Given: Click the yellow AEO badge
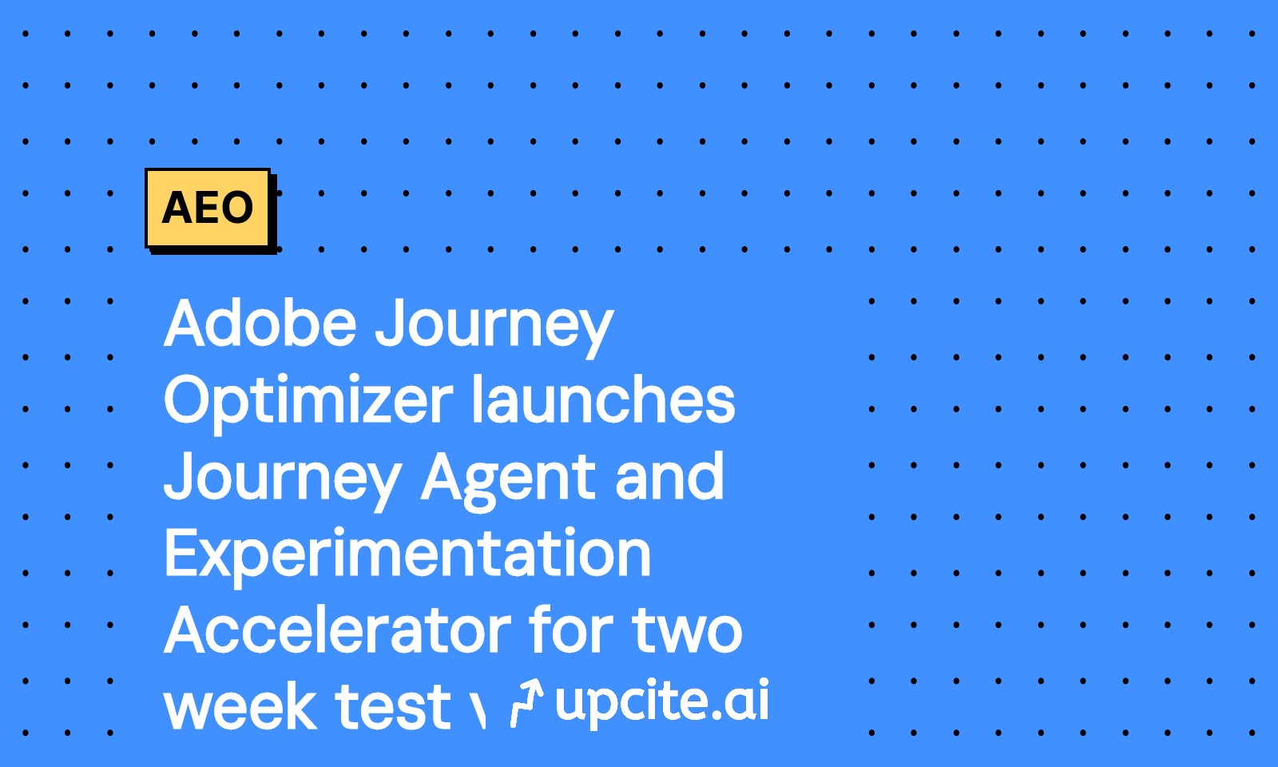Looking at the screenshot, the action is [208, 209].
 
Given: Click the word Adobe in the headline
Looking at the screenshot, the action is [260, 323].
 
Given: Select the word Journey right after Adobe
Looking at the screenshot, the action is [494, 329].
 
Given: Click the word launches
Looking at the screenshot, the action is [604, 399].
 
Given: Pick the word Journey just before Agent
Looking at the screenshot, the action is [284, 482].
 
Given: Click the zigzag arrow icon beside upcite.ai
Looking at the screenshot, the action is [526, 702].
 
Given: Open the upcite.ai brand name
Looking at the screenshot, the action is [662, 701].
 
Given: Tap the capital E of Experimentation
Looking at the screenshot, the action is [181, 553].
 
